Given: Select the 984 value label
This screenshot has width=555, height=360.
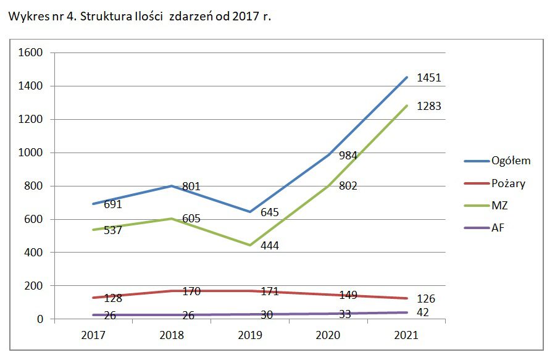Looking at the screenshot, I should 348,156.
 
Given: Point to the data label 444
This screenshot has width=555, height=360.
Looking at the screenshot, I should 269,246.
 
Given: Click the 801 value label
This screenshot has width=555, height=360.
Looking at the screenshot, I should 191,186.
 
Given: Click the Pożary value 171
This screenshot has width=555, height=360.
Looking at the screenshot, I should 269,291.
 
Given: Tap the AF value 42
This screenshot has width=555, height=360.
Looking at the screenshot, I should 423,312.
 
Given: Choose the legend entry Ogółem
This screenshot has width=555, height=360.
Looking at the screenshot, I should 511,161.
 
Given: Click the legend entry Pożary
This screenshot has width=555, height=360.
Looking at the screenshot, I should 508,183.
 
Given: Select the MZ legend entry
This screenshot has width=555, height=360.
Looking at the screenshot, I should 499,206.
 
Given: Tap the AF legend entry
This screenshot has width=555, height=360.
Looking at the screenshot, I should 498,228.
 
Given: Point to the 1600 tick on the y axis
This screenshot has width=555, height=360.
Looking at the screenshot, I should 30,53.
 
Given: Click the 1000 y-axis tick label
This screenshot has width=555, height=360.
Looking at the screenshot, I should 30,153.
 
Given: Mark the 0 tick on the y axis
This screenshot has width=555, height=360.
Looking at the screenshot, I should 40,319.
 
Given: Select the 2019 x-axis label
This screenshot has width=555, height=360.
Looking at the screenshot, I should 250,335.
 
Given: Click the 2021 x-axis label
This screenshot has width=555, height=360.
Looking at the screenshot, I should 406,335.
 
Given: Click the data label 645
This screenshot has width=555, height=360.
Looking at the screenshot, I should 269,212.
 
